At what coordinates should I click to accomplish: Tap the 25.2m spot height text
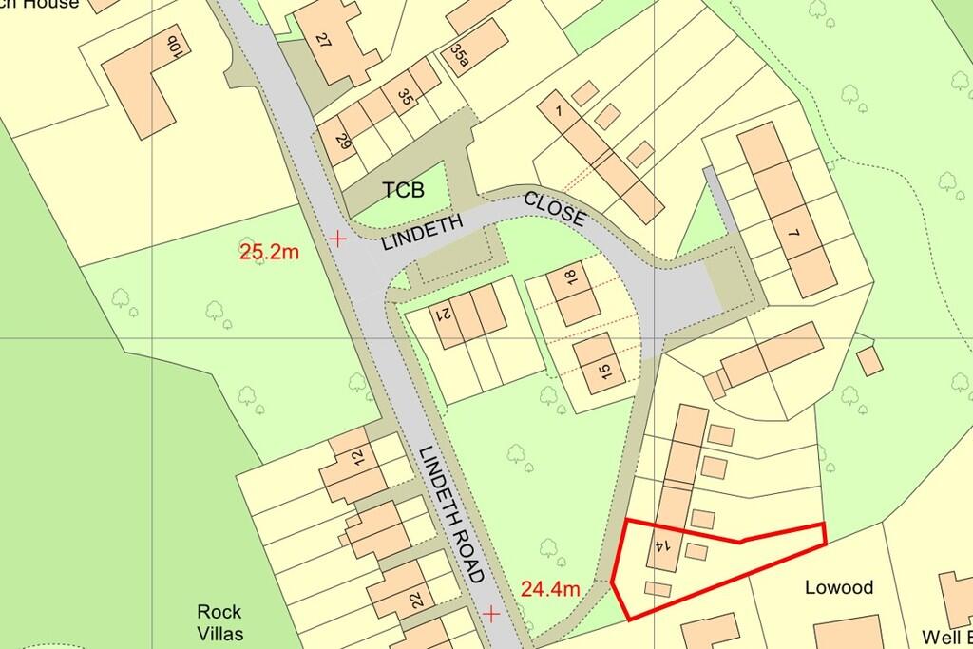coord(270,252)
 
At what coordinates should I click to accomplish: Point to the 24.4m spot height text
coord(550,588)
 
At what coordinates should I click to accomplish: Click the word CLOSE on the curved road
coord(554,209)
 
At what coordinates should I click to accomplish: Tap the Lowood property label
coord(838,587)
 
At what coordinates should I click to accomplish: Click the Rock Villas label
coord(219,623)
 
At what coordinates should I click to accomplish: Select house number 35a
coord(461,56)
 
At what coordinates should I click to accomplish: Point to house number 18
coord(570,278)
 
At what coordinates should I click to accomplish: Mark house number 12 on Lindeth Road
coord(357,456)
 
